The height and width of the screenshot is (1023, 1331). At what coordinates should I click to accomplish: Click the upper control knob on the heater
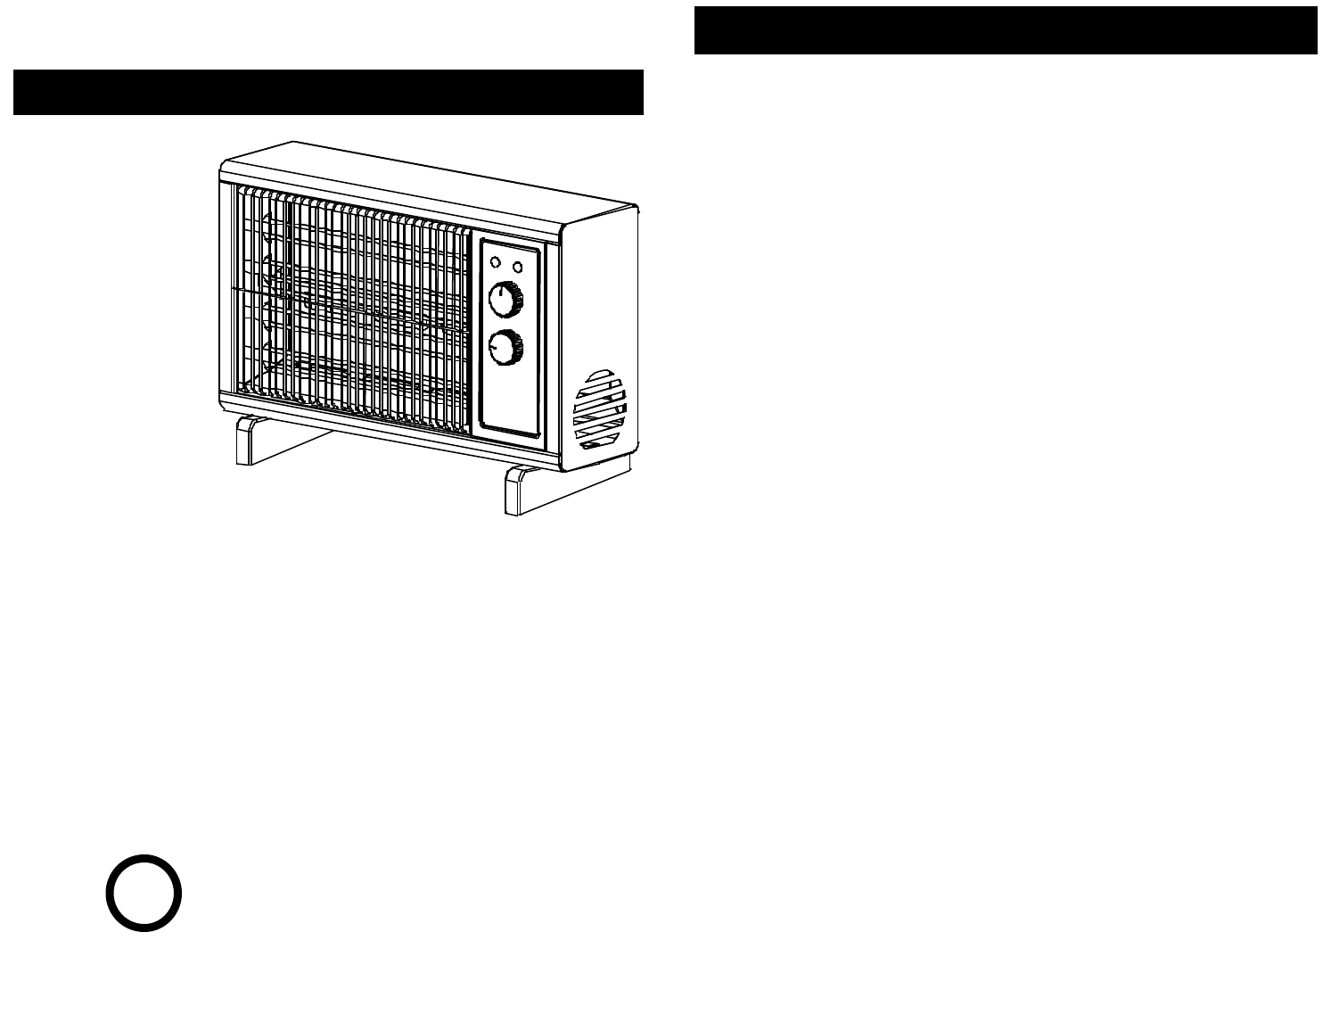tap(505, 301)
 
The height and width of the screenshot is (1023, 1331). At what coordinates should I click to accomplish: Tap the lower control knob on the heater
tap(505, 348)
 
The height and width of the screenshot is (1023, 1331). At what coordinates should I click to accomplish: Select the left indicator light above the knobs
tap(492, 262)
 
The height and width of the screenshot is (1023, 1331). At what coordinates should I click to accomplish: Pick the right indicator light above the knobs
tap(516, 267)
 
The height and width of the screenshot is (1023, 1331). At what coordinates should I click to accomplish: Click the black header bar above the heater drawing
tap(328, 92)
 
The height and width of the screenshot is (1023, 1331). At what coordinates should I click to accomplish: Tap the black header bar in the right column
tap(1005, 30)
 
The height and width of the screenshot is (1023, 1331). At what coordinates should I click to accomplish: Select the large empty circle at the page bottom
tap(144, 893)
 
